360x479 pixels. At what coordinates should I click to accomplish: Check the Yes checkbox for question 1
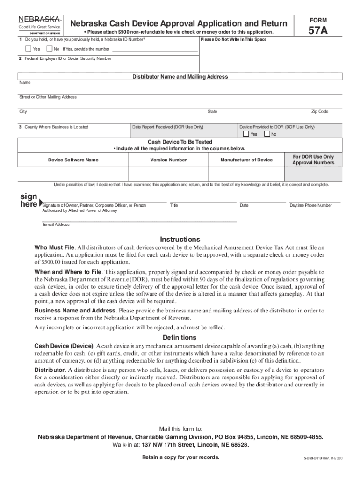pyautogui.click(x=29, y=49)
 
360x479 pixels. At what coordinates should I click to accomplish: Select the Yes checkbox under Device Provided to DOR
pyautogui.click(x=246, y=134)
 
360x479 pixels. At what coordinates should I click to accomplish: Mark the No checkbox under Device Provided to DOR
pyautogui.click(x=267, y=134)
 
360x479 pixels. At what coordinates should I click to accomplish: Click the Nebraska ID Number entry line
pyautogui.click(x=155, y=49)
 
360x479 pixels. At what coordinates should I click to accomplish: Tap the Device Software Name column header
pyautogui.click(x=73, y=160)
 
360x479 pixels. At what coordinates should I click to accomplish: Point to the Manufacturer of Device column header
pyautogui.click(x=246, y=160)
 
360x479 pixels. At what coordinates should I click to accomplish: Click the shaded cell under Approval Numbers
pyautogui.click(x=313, y=174)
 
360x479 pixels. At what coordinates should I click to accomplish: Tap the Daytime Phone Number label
pyautogui.click(x=311, y=205)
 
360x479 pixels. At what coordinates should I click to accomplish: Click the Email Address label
pyautogui.click(x=56, y=225)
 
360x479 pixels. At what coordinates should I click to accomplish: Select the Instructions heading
pyautogui.click(x=180, y=239)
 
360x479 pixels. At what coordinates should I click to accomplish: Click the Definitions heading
pyautogui.click(x=180, y=338)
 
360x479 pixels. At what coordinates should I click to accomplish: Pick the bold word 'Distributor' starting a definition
pyautogui.click(x=50, y=370)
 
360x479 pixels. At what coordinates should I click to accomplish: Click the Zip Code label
pyautogui.click(x=320, y=112)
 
